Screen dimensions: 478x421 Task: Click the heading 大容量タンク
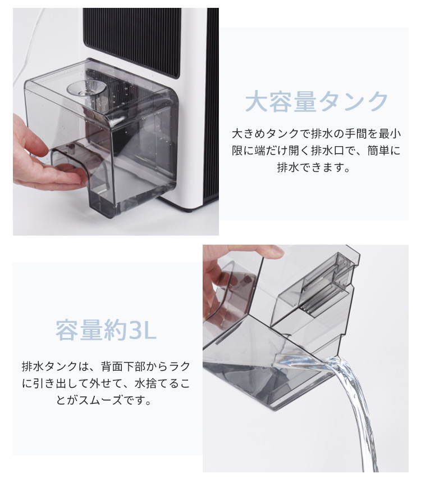coord(317,102)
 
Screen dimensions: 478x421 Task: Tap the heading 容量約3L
coord(106,331)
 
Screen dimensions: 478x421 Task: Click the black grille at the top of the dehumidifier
coord(132,39)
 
